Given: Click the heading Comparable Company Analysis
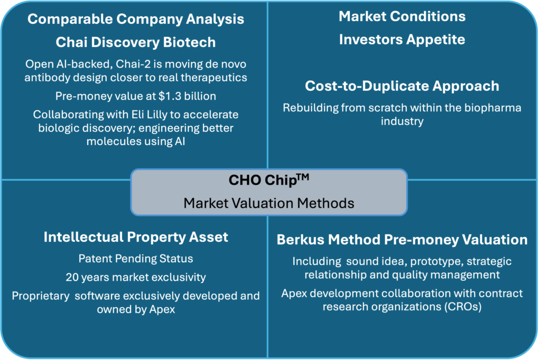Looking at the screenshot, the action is pos(136,19).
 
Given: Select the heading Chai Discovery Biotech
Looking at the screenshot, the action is pos(136,42).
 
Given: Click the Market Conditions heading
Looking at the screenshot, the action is pos(402,16).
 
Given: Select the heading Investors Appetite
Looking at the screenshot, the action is pos(402,40).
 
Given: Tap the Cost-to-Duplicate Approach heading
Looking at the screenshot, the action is pos(402,86).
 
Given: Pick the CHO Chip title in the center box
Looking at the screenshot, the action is pos(263,180).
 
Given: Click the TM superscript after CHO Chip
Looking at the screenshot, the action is pos(303,177).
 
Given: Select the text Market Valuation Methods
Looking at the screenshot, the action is pos(269,203).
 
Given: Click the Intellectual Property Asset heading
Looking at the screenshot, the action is pos(136,237).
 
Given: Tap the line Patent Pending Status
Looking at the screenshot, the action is pos(136,259).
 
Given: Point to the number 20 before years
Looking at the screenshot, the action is pos(72,277).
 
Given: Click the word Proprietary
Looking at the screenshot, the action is pos(40,296).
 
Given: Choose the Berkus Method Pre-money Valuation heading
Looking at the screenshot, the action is pos(402,240).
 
